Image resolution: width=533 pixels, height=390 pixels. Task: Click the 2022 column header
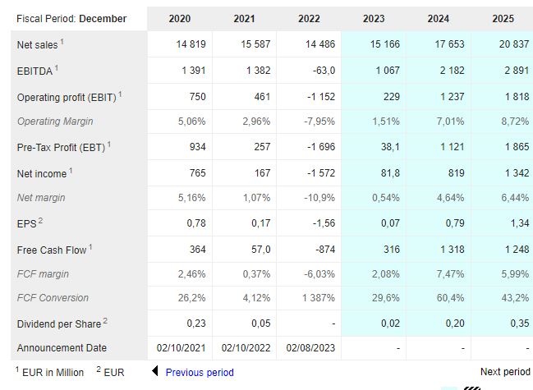point(309,19)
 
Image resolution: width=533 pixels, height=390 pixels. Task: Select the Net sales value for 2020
point(191,44)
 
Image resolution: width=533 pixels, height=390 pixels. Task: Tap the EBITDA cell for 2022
point(324,71)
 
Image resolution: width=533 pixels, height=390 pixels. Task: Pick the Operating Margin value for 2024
point(450,122)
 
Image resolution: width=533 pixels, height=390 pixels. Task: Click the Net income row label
point(42,173)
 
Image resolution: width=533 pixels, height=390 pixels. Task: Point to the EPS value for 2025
point(519,223)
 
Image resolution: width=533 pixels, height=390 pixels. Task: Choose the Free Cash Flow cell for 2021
point(260,250)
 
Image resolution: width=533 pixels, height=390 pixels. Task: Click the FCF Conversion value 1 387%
point(319,298)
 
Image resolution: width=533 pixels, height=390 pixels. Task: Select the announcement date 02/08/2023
point(310,348)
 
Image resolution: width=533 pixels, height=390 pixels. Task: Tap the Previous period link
point(200,373)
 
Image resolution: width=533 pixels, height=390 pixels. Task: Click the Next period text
point(505,372)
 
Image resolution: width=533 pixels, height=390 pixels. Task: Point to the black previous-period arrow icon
point(155,371)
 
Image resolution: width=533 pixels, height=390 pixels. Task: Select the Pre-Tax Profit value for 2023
point(390,147)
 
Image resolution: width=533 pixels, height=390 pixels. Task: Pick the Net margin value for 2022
point(319,198)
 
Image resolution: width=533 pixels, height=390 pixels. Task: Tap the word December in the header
point(103,19)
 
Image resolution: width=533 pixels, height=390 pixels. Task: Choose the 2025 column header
point(503,19)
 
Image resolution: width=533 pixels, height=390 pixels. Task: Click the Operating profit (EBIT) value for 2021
point(262,97)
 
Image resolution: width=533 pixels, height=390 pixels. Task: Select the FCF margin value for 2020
point(191,274)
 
